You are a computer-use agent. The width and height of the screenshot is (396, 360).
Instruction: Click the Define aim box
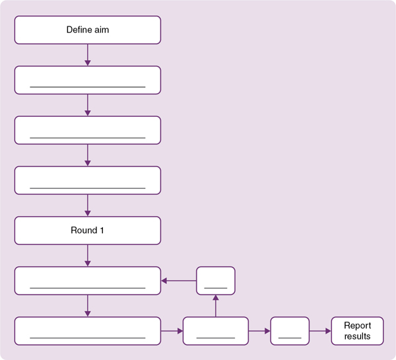pos(87,30)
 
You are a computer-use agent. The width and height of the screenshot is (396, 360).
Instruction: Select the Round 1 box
pos(87,231)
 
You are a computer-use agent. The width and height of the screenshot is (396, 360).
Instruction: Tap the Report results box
pos(357,331)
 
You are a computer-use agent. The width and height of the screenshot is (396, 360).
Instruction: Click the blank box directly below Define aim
pos(87,80)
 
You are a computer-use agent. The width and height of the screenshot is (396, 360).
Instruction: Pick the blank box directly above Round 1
pos(87,180)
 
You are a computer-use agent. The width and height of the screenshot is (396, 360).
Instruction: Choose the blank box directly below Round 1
pos(87,281)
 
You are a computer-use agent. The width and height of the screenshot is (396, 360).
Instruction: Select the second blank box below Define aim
pos(87,130)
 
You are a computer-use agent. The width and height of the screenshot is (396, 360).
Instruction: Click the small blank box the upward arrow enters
pos(216,281)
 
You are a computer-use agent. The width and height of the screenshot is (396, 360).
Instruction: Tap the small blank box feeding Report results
pos(290,331)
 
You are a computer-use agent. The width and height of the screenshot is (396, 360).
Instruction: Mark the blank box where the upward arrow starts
pos(216,331)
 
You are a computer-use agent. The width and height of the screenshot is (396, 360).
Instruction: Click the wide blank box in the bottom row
pos(87,331)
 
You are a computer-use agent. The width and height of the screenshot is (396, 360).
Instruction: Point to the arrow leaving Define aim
pos(87,55)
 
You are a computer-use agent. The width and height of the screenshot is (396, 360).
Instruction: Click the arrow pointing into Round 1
pos(87,205)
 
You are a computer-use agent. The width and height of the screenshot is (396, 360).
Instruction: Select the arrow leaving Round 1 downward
pos(87,256)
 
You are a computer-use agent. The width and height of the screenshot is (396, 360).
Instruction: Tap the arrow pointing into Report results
pos(320,331)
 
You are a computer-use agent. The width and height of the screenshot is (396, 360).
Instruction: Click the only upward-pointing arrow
pos(216,306)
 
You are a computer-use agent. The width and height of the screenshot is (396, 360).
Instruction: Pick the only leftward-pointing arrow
pos(179,281)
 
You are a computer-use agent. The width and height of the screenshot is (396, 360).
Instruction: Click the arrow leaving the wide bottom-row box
pos(172,331)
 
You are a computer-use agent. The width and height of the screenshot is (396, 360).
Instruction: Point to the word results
pos(357,336)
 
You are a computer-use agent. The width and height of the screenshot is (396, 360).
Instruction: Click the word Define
pos(79,30)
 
